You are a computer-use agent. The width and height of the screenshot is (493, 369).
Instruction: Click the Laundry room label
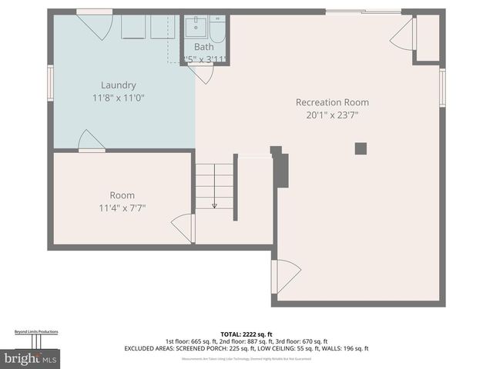point(119,85)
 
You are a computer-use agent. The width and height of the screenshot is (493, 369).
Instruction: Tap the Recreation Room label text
point(332,102)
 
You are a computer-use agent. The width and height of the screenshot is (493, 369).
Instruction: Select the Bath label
point(203,47)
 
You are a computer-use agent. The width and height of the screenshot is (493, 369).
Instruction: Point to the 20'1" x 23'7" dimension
point(332,115)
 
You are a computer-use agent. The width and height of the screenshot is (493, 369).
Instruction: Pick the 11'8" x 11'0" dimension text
point(119,98)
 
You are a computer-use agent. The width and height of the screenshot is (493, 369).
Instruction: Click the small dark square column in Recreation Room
point(361,148)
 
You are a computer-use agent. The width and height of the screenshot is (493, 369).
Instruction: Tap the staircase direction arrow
point(214,204)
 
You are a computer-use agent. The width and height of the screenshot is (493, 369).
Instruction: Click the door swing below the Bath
point(202,74)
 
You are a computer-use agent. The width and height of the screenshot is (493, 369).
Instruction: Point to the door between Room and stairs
point(183,228)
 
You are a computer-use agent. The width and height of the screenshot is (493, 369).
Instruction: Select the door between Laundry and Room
point(90,141)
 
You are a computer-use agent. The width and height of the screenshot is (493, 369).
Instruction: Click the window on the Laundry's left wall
point(51,83)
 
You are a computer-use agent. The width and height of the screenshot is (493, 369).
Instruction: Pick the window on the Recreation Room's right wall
point(442,88)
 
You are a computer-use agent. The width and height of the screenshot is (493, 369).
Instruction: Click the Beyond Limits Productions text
point(36,332)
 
